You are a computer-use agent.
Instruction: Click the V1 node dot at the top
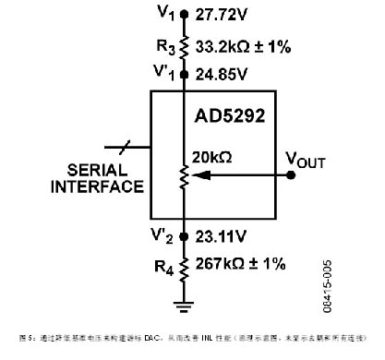tap(184, 14)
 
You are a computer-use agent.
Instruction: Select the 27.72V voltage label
tap(223, 15)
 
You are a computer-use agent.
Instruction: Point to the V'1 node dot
tap(184, 73)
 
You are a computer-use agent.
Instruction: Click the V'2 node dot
tap(184, 236)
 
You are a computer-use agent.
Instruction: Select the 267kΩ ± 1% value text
tap(243, 266)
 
